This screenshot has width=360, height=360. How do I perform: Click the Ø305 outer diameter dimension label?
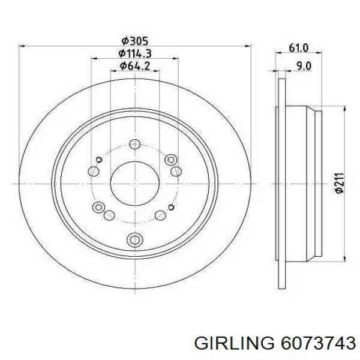click(135, 41)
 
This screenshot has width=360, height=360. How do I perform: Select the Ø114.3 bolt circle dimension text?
click(135, 53)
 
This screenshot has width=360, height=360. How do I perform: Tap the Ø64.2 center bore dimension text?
click(135, 66)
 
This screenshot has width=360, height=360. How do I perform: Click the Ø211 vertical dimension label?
click(340, 183)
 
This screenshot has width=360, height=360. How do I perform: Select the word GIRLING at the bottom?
click(234, 343)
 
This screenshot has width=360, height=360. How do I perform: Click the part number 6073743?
click(318, 343)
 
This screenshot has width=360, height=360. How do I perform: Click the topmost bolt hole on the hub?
click(135, 145)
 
